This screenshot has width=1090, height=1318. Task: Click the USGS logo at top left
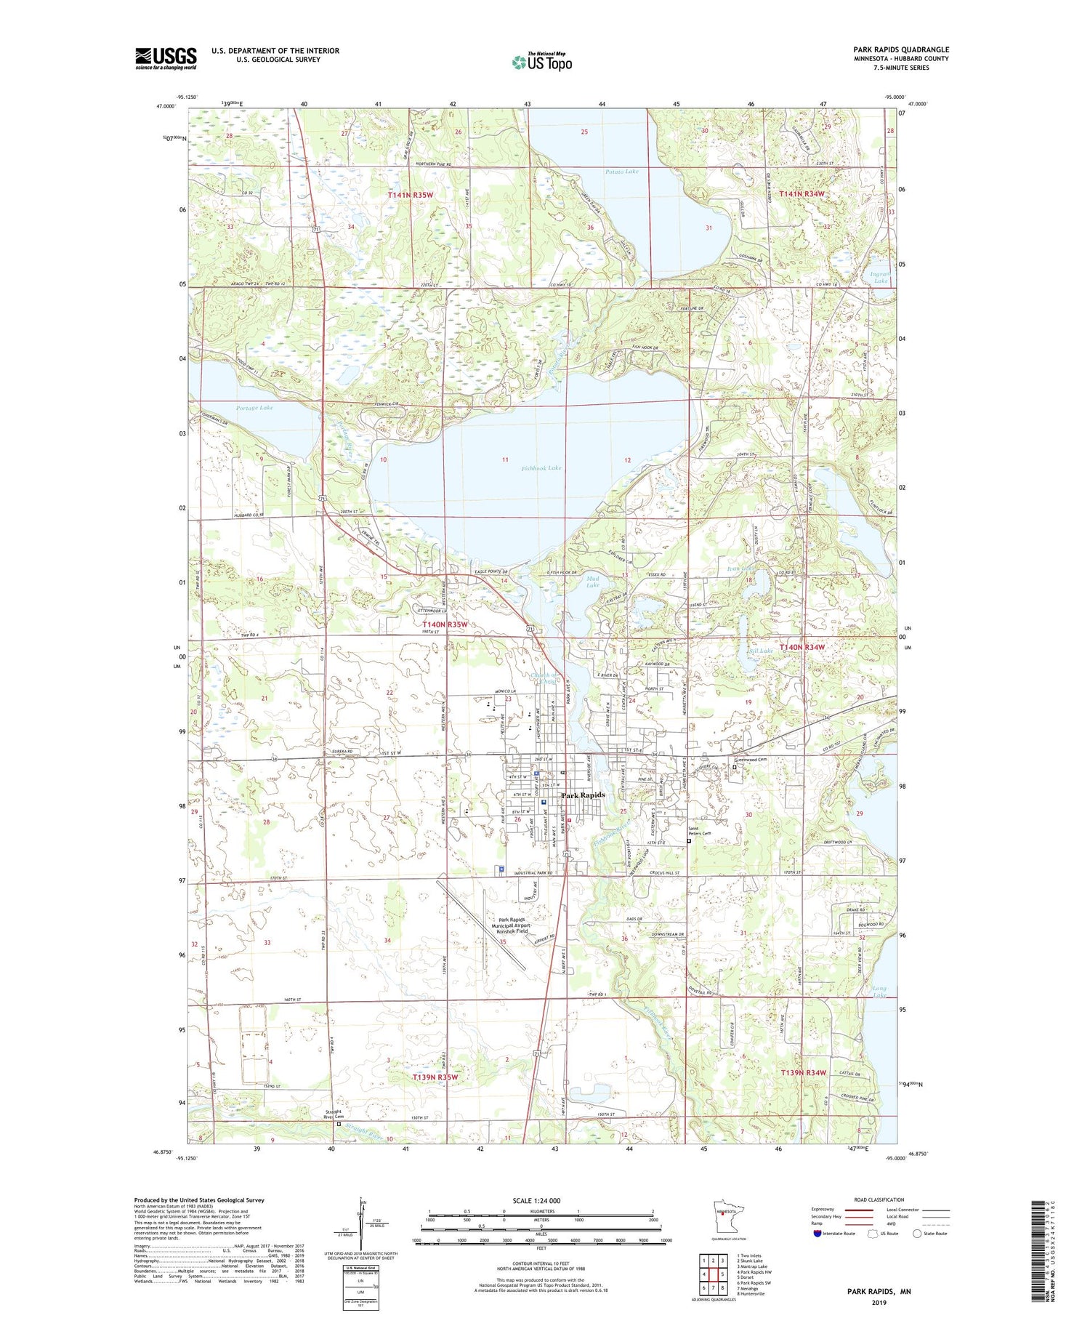[x=166, y=58]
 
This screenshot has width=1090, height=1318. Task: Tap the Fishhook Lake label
[x=541, y=468]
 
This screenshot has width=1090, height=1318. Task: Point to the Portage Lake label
[x=254, y=408]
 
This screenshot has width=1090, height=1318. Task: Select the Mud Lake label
[x=593, y=582]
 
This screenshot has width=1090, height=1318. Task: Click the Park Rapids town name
[x=583, y=795]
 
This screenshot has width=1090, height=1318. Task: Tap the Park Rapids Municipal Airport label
[x=517, y=925]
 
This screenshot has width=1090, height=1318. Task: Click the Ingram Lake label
[x=880, y=277]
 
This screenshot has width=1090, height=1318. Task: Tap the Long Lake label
[x=879, y=992]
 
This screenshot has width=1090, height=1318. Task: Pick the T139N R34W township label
[x=804, y=1073]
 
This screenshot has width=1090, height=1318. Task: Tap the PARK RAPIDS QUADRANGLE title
[x=901, y=49]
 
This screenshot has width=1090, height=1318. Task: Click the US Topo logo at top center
[x=541, y=62]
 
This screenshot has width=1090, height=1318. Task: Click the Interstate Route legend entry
[x=835, y=1234]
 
